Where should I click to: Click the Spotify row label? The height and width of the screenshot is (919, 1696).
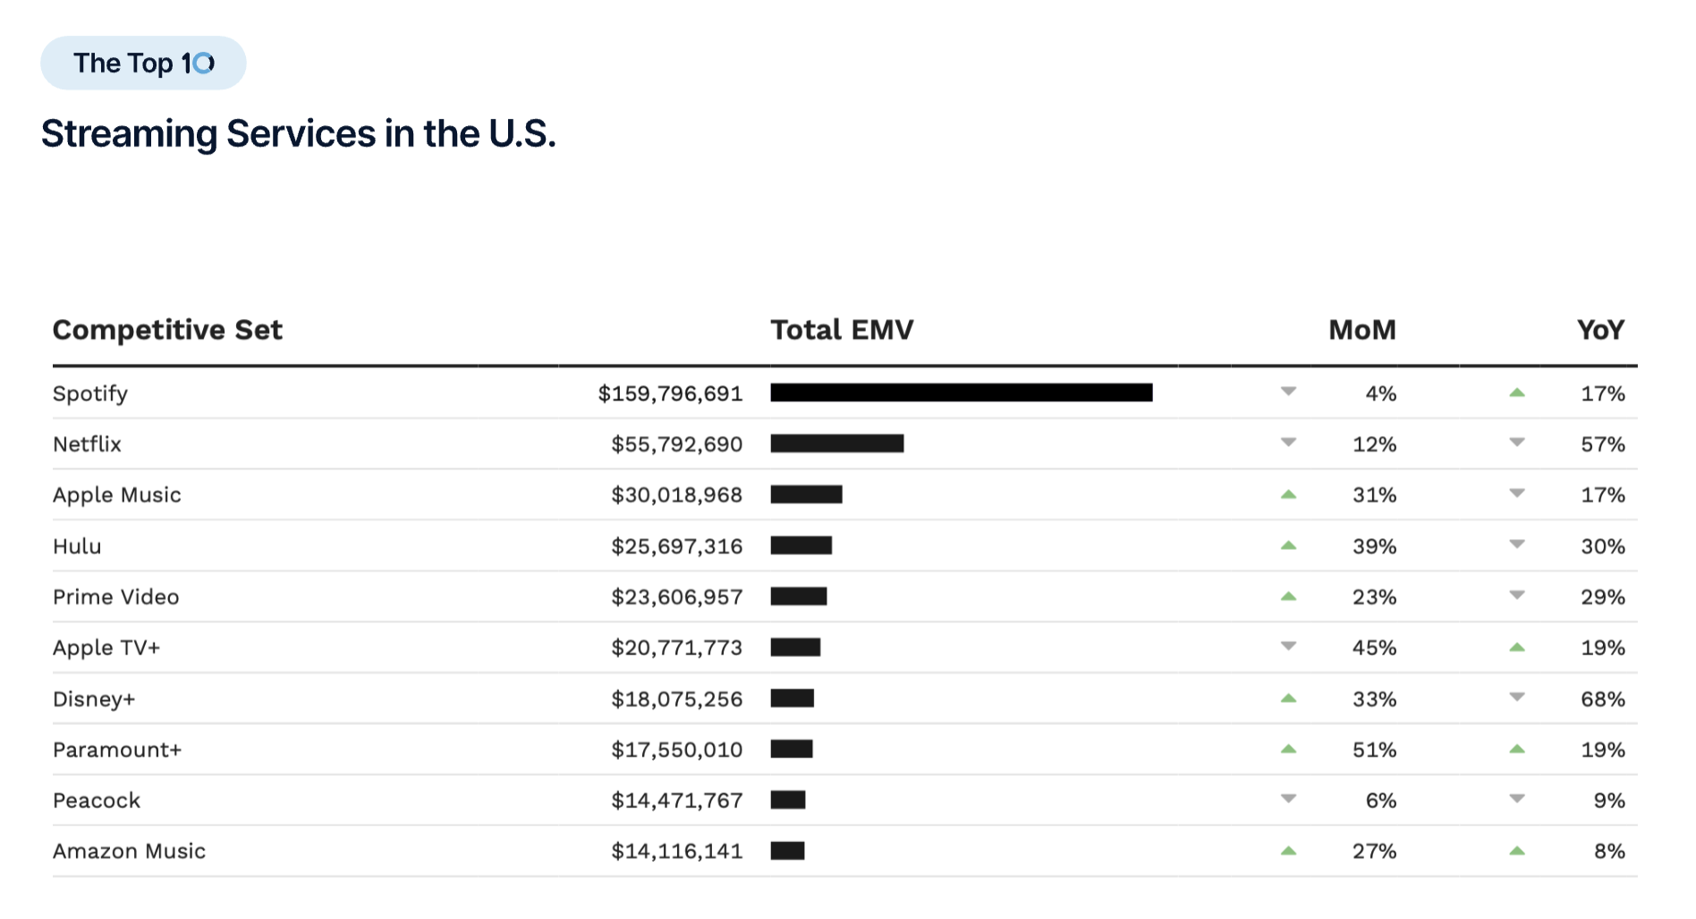[x=90, y=393]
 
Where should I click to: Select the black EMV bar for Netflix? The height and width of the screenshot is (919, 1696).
[x=836, y=443]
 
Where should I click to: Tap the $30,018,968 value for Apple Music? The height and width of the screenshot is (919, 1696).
[x=676, y=494]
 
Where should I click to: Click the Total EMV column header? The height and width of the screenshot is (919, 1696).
[x=842, y=330]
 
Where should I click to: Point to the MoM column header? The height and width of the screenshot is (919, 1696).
[x=1361, y=330]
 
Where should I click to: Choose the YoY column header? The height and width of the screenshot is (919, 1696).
[x=1600, y=330]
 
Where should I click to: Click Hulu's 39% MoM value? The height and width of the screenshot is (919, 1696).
[x=1374, y=546]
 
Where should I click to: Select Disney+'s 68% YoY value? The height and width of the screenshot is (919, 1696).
[x=1602, y=699]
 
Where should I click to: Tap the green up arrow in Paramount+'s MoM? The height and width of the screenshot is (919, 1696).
[x=1288, y=749]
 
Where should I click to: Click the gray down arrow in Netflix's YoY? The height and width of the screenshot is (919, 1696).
[x=1517, y=443]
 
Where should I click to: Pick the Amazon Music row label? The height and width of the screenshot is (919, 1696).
[x=129, y=851]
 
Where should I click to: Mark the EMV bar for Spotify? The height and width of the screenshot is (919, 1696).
[x=961, y=392]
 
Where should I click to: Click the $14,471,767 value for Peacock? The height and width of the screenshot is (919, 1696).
[x=676, y=800]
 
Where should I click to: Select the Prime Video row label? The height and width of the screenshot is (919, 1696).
[x=115, y=597]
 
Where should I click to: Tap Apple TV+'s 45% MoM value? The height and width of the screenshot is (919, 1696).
[x=1374, y=647]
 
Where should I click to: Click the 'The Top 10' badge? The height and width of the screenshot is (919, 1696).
[x=143, y=63]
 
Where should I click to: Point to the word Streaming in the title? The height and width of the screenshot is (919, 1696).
[x=129, y=134]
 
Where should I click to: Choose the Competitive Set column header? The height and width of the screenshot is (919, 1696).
[x=167, y=330]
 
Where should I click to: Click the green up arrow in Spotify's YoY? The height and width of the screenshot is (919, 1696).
[x=1517, y=392]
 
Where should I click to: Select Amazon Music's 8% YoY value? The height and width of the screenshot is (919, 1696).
[x=1608, y=851]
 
